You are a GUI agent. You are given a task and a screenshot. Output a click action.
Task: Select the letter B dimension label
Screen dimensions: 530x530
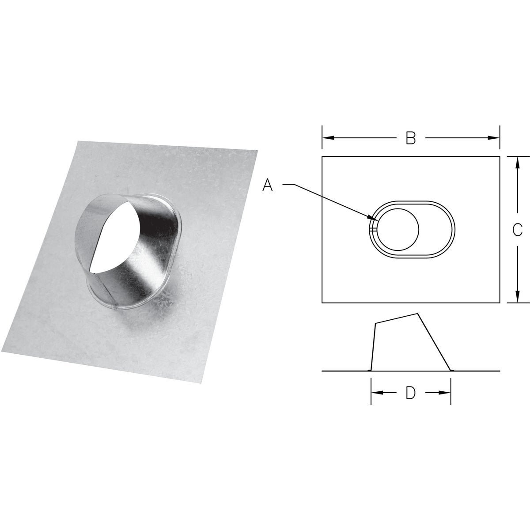[x=411, y=138]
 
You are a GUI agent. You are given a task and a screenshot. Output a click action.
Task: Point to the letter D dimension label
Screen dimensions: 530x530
[x=411, y=393]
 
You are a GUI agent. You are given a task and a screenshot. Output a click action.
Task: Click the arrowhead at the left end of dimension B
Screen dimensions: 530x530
[x=325, y=138]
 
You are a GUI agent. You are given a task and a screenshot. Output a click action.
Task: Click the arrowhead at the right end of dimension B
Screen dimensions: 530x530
[x=496, y=138]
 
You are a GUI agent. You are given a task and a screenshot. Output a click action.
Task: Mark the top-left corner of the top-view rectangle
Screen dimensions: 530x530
[x=322, y=156]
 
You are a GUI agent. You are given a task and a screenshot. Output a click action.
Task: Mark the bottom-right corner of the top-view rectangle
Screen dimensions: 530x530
[x=500, y=303]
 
